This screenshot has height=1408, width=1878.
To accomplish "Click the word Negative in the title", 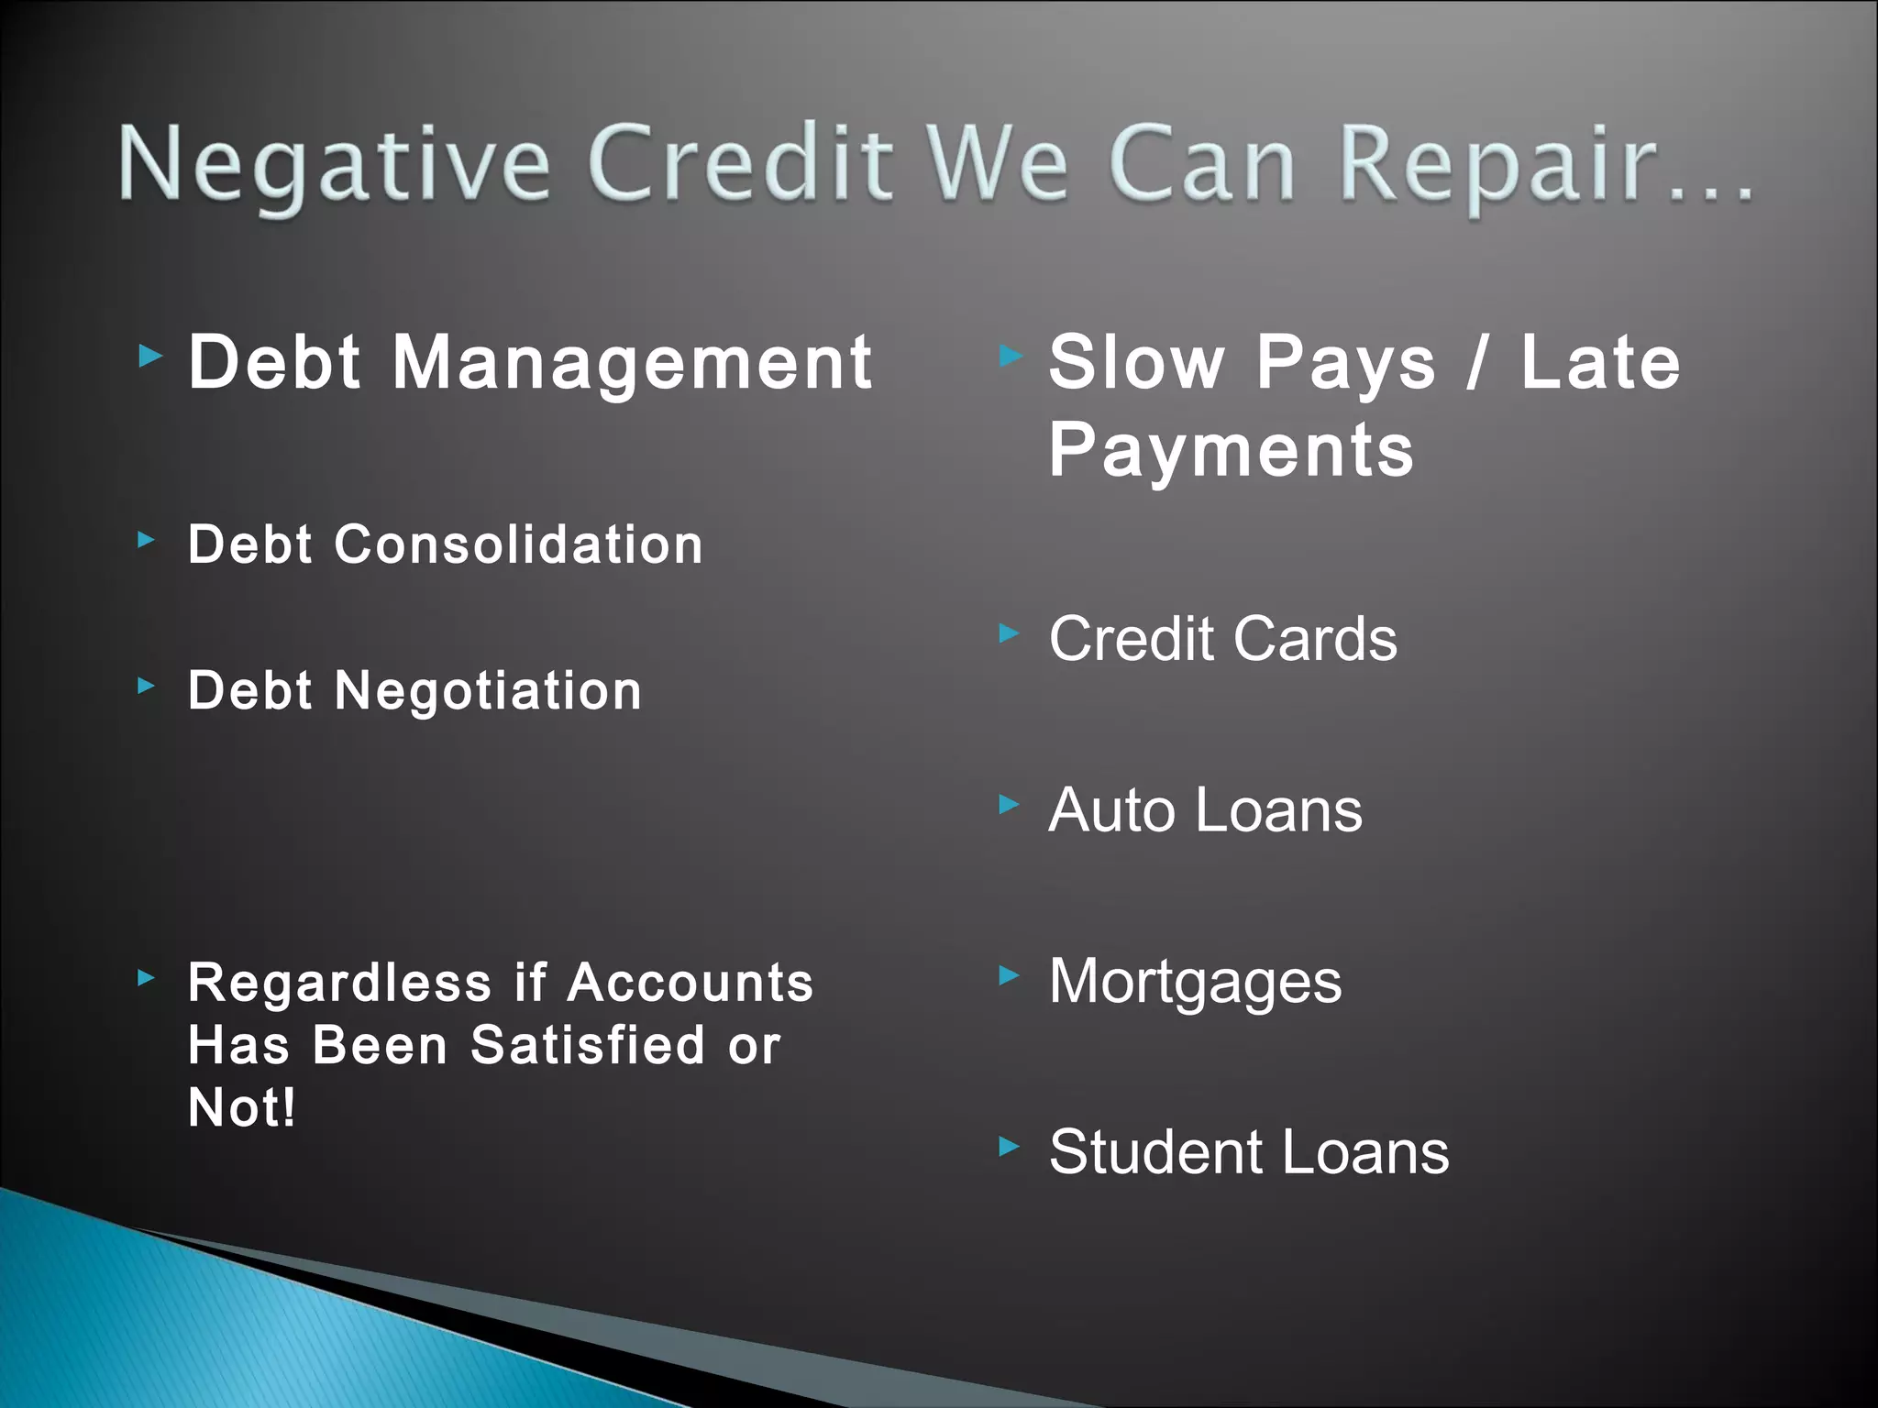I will pos(335,165).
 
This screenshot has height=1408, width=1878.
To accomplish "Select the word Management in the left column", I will pos(632,363).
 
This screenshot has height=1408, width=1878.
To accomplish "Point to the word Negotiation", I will pos(488,690).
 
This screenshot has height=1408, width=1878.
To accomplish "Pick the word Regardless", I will pos(339,984).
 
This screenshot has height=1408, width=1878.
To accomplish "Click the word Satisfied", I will pos(588,1045).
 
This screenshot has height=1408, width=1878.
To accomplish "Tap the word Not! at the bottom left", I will pos(242,1107).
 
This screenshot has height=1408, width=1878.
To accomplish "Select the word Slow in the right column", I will pos(1136,363).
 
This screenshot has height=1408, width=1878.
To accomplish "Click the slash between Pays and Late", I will pos(1476,363).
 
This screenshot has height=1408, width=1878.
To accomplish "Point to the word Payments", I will pos(1232,450).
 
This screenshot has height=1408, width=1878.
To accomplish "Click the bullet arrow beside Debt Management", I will pos(150,356).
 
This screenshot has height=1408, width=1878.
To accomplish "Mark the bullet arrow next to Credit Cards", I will pos(1009,632).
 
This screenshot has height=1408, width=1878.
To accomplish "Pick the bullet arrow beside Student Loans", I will pos(1009,1146).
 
